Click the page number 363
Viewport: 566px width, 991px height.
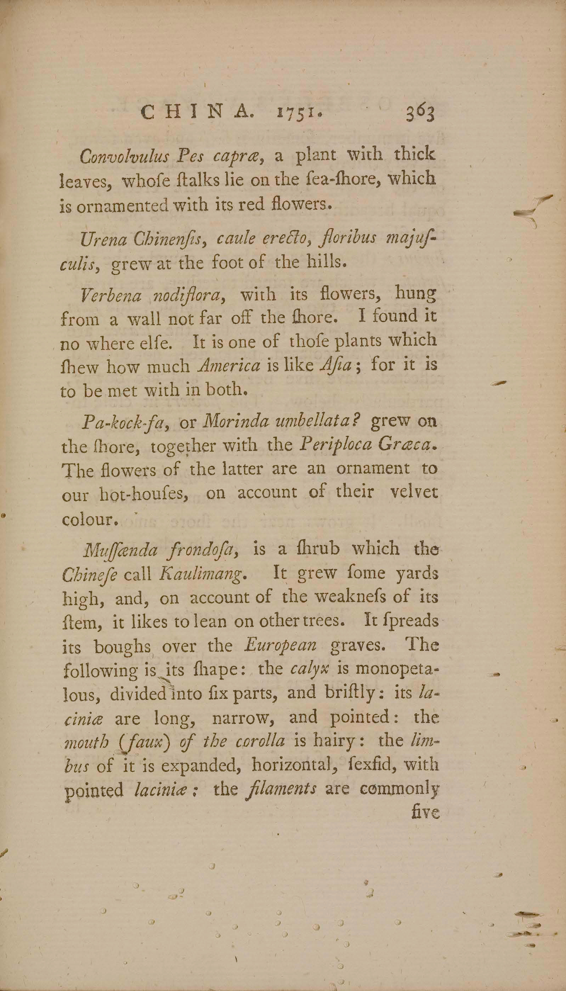[x=419, y=113]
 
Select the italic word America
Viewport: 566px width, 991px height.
[x=229, y=366]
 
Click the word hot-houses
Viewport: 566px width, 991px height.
[x=144, y=495]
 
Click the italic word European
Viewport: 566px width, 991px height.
[x=279, y=646]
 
